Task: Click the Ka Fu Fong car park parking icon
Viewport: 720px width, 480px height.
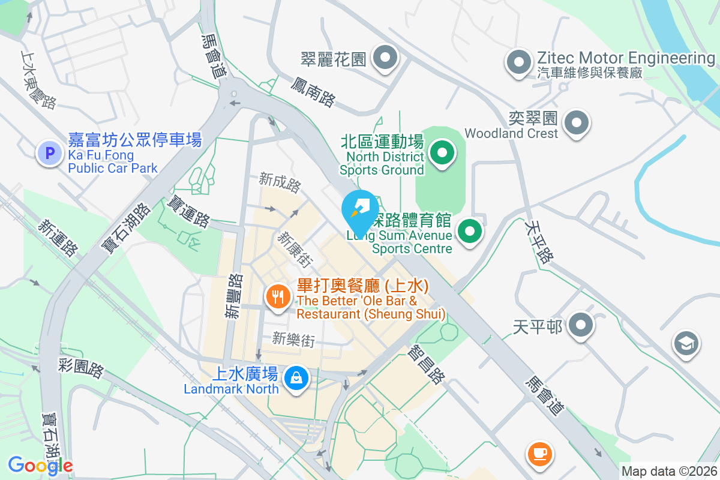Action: [50, 154]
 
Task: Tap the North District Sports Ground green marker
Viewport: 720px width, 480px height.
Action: [442, 152]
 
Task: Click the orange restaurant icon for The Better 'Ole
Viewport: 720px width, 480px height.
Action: [277, 296]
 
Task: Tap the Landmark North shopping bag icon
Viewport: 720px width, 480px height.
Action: [296, 379]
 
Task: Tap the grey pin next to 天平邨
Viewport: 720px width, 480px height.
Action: [580, 325]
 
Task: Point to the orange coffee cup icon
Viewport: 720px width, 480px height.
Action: [539, 452]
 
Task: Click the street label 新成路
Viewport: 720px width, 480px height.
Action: [280, 182]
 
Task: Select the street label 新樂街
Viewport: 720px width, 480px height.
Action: [293, 340]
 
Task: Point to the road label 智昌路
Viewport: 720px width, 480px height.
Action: [427, 364]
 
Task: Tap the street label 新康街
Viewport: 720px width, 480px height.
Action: [295, 250]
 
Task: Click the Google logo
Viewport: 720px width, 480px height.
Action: [40, 465]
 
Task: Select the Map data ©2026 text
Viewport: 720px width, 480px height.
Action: [668, 472]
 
